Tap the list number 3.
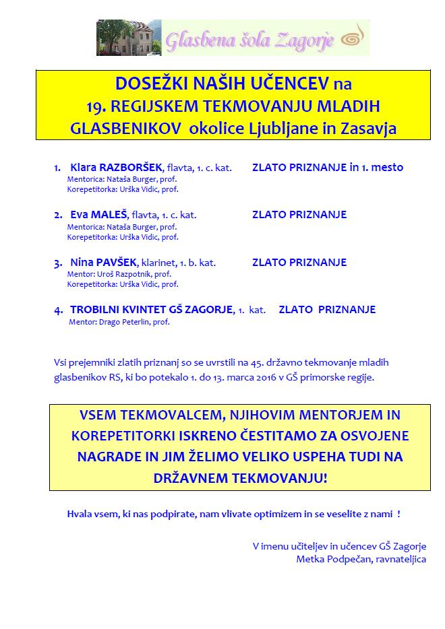[x=58, y=263]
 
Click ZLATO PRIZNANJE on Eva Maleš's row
[x=299, y=215]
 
